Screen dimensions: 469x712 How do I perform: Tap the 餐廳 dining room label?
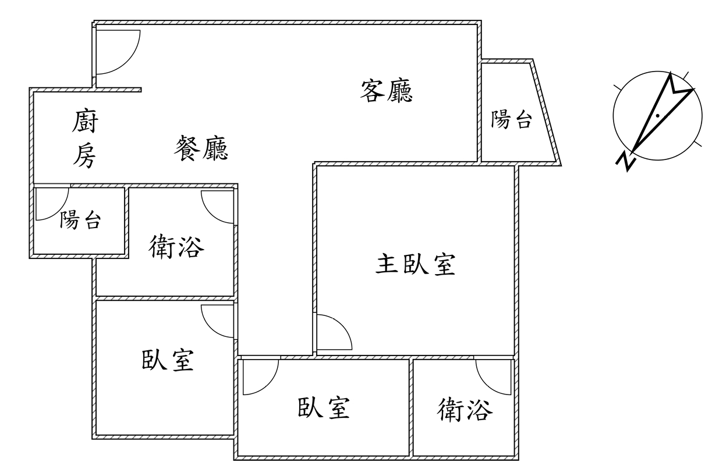coord(201,148)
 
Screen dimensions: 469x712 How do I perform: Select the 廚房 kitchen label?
coord(85,140)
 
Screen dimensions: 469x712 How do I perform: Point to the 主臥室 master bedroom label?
coord(415,265)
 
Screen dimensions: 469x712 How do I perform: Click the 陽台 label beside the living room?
coord(511,120)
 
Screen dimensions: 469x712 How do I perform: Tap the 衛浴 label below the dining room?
coord(177,247)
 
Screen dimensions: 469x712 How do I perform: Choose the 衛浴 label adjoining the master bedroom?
coord(465,411)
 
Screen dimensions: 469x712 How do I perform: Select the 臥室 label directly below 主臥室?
coord(324,408)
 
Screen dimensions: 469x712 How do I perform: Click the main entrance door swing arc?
coord(119,52)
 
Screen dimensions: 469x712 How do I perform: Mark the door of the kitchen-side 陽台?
coord(49,204)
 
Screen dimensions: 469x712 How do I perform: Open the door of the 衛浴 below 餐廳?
coord(218,207)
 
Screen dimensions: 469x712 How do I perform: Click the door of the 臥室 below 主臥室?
coord(260,378)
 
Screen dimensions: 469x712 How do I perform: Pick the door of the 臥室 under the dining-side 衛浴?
coord(218,322)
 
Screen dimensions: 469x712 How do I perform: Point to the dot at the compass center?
coord(657,116)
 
